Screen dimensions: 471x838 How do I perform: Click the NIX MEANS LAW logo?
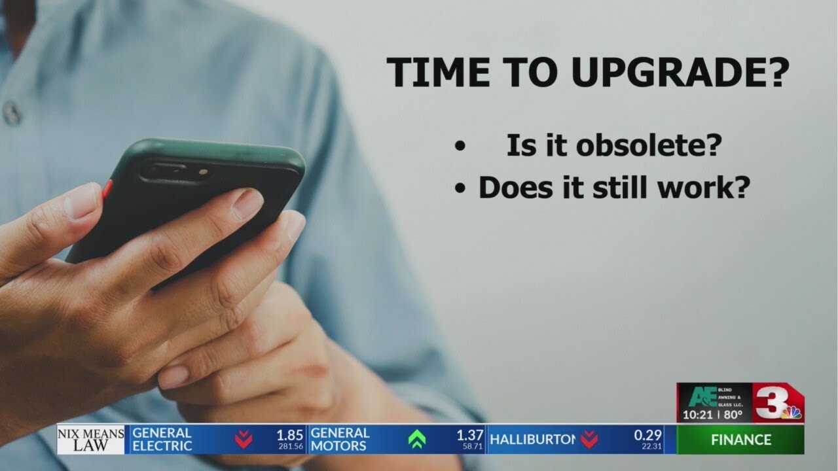90,439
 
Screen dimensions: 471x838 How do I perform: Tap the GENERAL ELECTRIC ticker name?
162,439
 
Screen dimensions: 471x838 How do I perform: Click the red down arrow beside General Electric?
244,439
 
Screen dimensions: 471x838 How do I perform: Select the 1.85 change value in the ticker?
289,434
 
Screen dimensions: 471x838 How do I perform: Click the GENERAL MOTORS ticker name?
340,439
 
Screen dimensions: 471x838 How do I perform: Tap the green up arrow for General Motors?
416,439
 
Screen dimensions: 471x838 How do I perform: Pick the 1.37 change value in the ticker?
470,434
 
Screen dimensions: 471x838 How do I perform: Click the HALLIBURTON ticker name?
532,439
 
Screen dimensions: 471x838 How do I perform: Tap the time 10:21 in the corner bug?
697,415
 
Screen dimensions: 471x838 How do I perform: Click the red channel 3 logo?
773,402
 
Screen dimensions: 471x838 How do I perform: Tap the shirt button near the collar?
12,113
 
